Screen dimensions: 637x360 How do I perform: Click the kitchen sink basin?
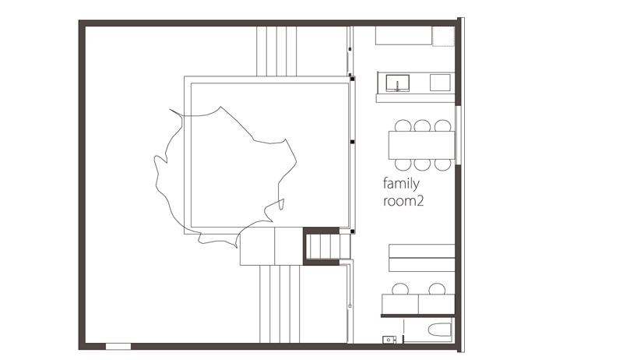397,83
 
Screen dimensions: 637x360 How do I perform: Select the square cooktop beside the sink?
441,83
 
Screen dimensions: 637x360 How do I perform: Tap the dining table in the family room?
422,145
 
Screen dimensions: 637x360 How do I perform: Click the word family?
401,184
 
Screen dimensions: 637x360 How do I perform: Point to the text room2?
403,201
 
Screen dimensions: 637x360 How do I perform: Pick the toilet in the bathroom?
440,330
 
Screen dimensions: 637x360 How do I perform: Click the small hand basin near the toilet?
389,340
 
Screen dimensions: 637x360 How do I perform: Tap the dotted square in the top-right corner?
443,36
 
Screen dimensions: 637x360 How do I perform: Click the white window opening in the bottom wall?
118,347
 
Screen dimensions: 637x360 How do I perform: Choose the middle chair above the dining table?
422,125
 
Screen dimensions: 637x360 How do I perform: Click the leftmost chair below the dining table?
403,164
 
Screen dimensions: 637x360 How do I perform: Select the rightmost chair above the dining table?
442,125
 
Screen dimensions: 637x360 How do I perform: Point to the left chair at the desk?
400,289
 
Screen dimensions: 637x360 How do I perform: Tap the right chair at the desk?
437,289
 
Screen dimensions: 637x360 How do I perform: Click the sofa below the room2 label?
422,258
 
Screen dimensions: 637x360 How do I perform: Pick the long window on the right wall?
458,135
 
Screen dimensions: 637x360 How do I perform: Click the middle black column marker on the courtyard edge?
352,142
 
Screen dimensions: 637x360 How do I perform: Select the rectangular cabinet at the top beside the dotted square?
403,36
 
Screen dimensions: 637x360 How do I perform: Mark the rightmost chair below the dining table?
442,164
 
